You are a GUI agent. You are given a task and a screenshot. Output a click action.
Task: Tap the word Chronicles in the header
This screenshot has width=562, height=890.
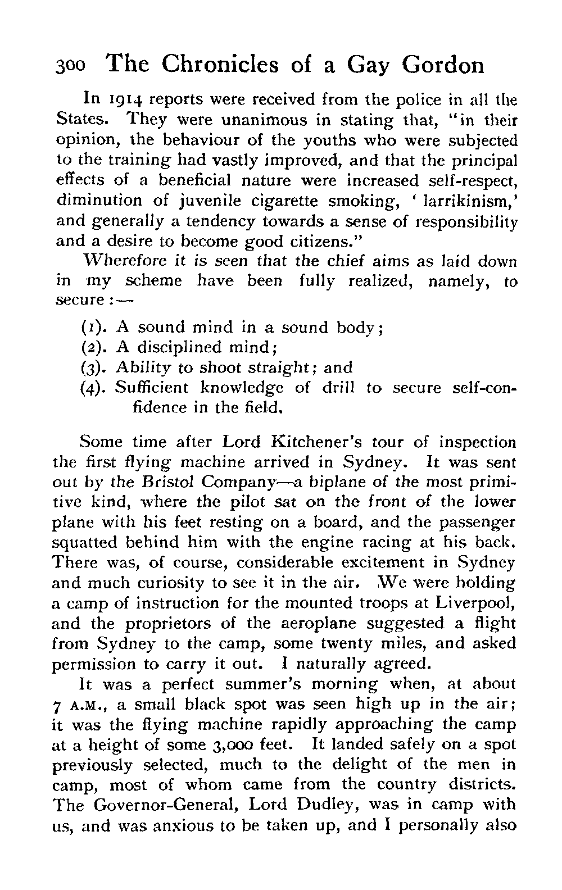point(217,65)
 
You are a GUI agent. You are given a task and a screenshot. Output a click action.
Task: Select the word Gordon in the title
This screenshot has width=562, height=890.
point(443,66)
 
